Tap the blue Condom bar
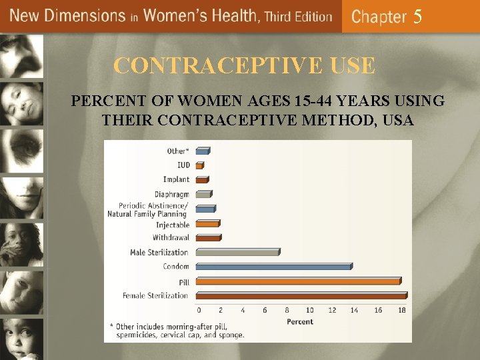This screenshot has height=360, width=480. click(273, 267)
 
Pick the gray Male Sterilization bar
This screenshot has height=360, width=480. click(237, 253)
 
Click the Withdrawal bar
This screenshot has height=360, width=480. click(207, 238)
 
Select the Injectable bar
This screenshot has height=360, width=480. click(207, 224)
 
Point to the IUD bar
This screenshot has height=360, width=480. click(199, 165)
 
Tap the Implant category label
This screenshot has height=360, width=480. click(176, 179)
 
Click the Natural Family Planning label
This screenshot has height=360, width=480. click(148, 214)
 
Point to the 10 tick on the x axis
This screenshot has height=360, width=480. click(310, 310)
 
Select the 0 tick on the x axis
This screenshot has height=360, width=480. click(199, 310)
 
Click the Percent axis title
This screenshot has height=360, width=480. click(300, 322)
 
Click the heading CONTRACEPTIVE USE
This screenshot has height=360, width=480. click(244, 66)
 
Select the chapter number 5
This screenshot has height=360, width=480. click(417, 17)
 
